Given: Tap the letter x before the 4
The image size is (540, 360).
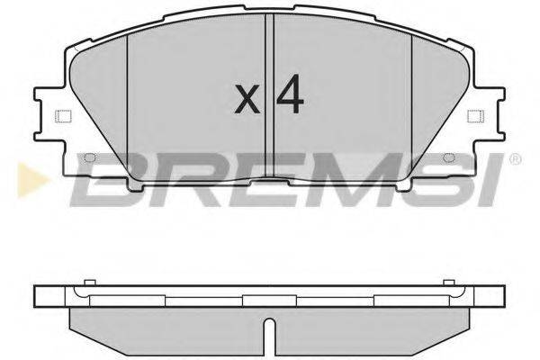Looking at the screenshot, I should click(246, 100).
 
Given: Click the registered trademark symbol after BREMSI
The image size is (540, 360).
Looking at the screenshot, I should click(514, 161).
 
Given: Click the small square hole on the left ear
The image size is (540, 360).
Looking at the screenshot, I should click(61, 115).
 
